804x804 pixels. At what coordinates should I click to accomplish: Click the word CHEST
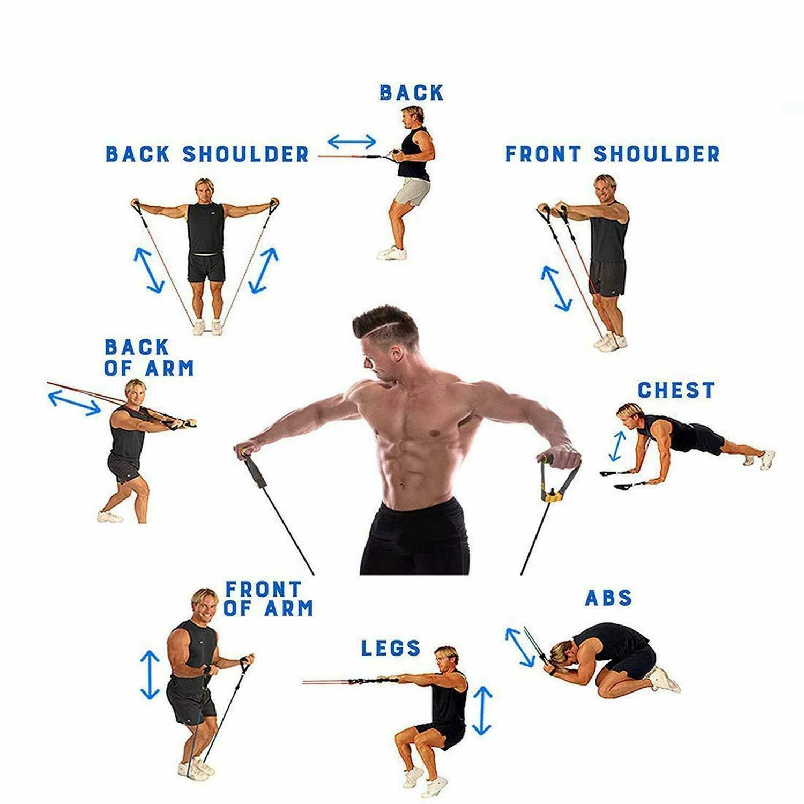coord(676,390)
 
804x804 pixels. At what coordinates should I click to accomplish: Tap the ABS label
coord(608,597)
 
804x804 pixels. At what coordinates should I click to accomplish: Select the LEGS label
coord(391,648)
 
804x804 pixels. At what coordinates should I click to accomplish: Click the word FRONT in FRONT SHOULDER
coord(543,154)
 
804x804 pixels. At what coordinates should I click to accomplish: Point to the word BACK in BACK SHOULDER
coord(137,154)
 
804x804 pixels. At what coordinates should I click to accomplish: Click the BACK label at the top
coord(412,93)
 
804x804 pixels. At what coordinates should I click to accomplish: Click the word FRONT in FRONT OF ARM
coord(263,589)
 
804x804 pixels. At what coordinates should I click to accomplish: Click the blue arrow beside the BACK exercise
coord(352,142)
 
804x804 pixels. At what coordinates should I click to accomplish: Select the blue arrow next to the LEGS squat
coord(482,711)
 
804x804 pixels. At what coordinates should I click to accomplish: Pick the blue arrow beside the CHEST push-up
coord(617,446)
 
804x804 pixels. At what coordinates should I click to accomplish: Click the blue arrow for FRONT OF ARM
coord(150,675)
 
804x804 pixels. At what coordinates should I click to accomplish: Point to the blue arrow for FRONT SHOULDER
coord(556,288)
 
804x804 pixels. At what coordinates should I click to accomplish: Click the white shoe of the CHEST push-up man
coord(768,459)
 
